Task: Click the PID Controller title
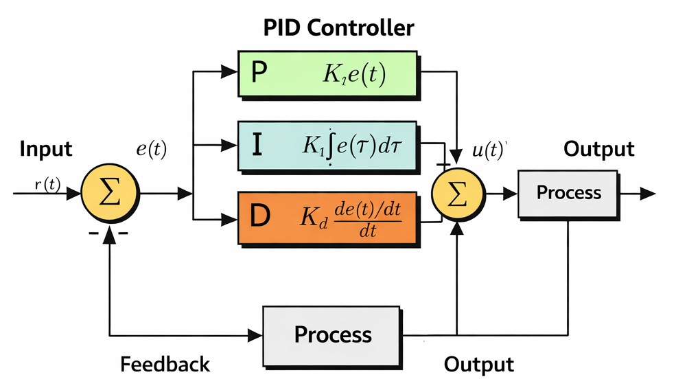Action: [x=339, y=28]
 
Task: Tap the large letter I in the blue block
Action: [x=256, y=146]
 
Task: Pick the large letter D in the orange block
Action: [x=260, y=216]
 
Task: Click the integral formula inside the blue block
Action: [x=349, y=146]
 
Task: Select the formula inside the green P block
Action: [x=354, y=74]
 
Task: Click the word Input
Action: [x=46, y=149]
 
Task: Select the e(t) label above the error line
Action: [x=151, y=150]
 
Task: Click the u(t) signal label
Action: [x=489, y=152]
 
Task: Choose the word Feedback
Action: [x=165, y=364]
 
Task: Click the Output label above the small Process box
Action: [x=598, y=149]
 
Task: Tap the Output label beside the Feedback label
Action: [x=478, y=364]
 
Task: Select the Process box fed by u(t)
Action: [x=568, y=193]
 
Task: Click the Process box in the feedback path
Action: [x=333, y=334]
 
